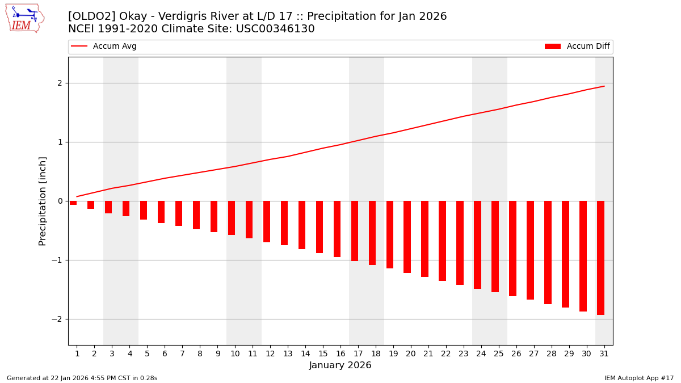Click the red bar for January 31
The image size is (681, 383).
tap(600, 258)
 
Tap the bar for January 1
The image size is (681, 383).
tap(73, 203)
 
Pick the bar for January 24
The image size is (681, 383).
tap(477, 245)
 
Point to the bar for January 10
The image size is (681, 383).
tap(232, 218)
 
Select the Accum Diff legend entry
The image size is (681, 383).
tap(577, 47)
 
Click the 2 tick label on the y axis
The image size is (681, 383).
tap(60, 83)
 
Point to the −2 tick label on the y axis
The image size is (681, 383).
tap(57, 319)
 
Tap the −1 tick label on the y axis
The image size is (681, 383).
tap(57, 260)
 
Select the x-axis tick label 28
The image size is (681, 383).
tap(551, 353)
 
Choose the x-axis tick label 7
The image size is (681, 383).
tap(182, 353)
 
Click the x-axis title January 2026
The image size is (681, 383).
tap(340, 365)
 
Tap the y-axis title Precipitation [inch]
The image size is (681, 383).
tap(43, 201)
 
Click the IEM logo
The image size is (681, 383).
tap(24, 18)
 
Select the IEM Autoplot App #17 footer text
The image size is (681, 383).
tap(639, 378)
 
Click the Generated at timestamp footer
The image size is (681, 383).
tap(82, 378)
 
